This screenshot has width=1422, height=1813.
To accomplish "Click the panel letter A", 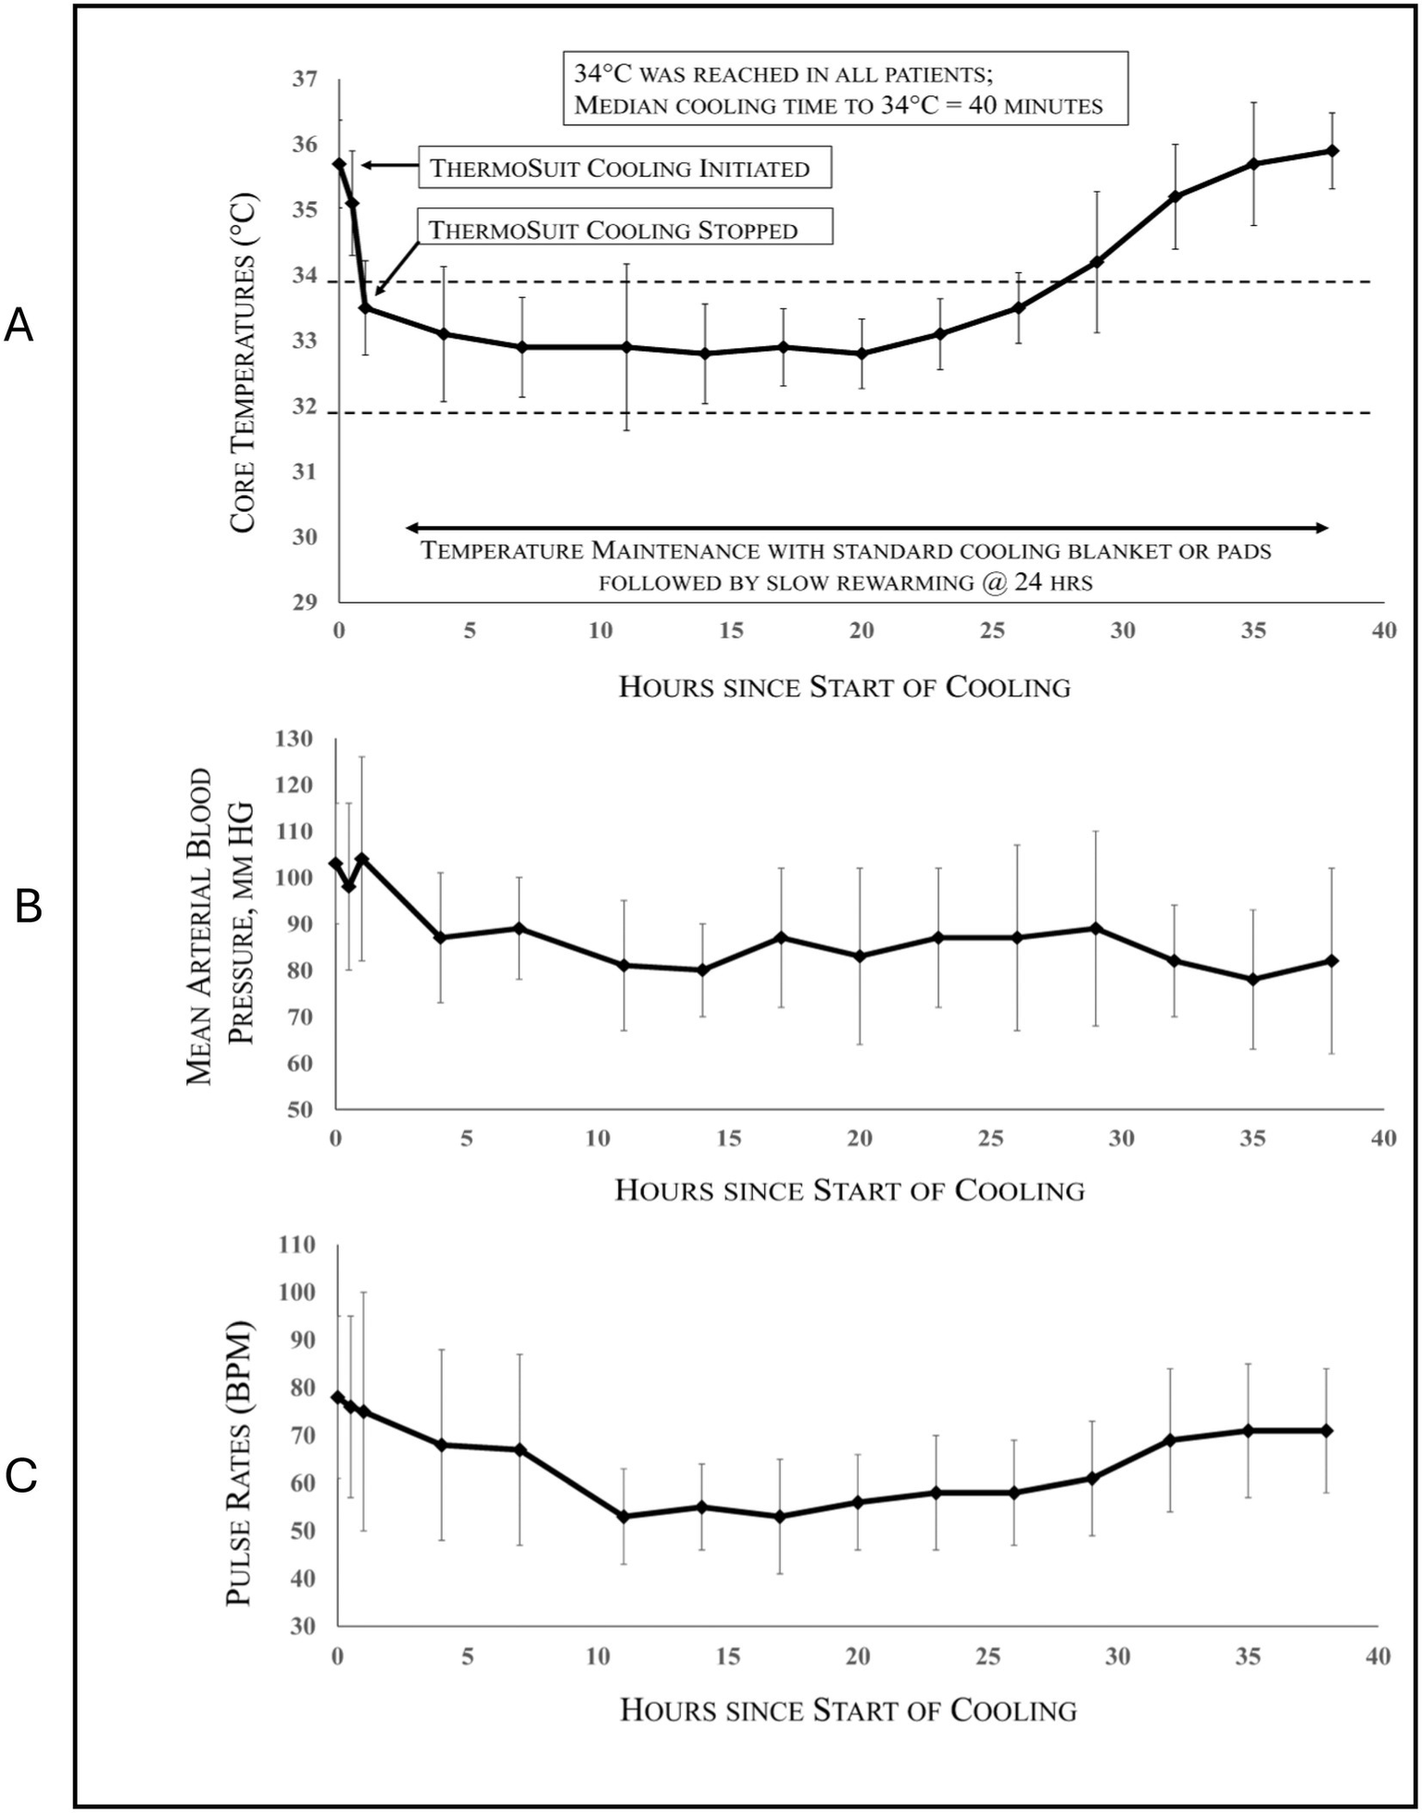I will click(x=19, y=327).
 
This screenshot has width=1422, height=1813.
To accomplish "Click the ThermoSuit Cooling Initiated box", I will click(x=623, y=168).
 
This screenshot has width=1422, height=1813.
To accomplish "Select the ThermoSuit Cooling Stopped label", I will click(x=623, y=229).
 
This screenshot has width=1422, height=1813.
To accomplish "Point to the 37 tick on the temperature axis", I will click(x=305, y=79).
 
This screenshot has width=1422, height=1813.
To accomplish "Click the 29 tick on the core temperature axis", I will click(x=305, y=603).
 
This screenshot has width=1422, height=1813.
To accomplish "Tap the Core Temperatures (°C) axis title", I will click(x=243, y=363).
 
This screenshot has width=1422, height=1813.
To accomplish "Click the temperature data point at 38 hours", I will click(x=1332, y=150).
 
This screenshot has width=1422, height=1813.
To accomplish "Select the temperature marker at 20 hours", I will click(x=862, y=353).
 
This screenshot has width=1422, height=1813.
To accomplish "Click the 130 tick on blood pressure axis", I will click(x=296, y=738).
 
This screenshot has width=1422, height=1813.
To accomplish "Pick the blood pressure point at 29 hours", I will click(x=1096, y=928).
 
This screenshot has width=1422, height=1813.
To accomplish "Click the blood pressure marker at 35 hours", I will click(x=1253, y=979).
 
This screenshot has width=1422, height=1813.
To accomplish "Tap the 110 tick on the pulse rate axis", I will click(x=297, y=1244).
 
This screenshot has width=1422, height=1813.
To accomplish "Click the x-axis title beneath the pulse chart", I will click(x=848, y=1709).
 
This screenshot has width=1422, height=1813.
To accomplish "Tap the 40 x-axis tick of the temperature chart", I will click(x=1383, y=631).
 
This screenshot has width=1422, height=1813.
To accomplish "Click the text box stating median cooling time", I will click(x=845, y=89).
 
